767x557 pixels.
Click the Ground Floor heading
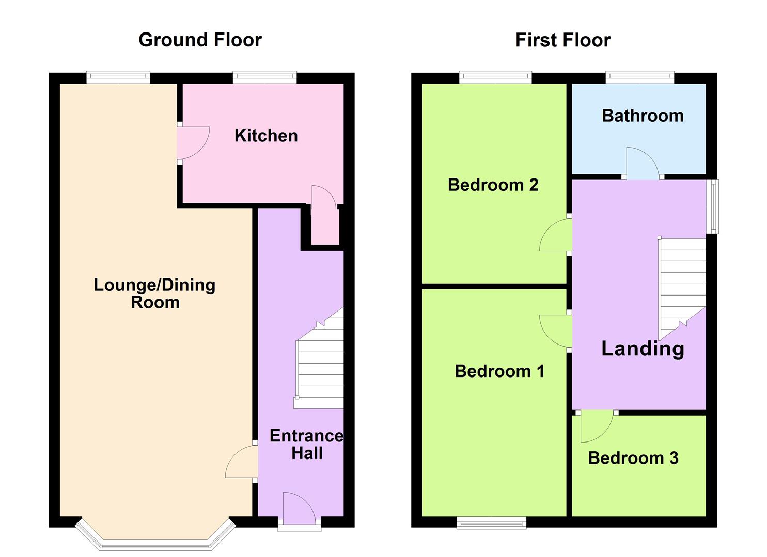click(x=200, y=40)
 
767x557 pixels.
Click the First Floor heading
click(x=562, y=40)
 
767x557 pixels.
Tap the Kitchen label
click(x=266, y=136)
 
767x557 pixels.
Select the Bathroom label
click(x=643, y=116)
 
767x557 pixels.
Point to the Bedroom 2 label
click(x=493, y=185)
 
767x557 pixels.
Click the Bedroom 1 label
click(x=499, y=371)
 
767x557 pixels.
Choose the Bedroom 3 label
click(x=633, y=458)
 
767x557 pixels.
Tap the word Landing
click(x=643, y=349)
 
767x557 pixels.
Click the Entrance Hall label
click(x=306, y=444)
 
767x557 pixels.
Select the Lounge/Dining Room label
click(x=154, y=293)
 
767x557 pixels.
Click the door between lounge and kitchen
click(x=192, y=143)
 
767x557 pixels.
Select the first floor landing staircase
click(x=682, y=284)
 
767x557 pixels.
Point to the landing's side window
click(x=712, y=206)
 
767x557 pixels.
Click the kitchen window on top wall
click(x=264, y=78)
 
